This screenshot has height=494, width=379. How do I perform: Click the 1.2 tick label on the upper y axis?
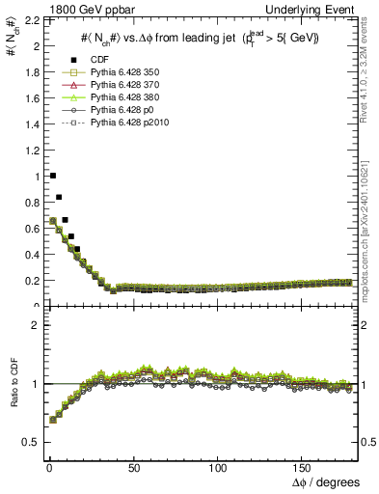[28, 151]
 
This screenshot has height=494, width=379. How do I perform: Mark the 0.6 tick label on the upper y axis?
[28, 229]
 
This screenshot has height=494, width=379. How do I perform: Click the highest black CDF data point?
[52, 176]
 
